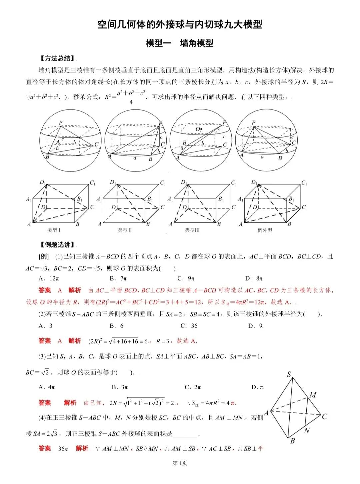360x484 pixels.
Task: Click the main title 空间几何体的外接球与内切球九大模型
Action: [180, 24]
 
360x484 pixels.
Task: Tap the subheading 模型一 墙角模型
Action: [180, 43]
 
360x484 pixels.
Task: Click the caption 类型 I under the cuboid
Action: [54, 230]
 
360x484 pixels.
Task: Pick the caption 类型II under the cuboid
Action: [125, 230]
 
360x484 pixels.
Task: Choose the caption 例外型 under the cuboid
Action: [265, 230]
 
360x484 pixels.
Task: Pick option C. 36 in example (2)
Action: [189, 326]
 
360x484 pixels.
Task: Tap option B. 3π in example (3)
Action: [120, 387]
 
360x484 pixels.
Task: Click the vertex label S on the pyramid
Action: [289, 374]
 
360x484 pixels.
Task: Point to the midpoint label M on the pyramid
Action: [313, 395]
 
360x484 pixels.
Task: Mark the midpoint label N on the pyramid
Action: [307, 431]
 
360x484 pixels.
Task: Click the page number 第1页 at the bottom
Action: [180, 463]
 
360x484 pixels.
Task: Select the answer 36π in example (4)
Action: [63, 449]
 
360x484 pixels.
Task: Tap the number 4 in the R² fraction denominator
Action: [131, 102]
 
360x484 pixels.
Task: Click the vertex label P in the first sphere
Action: [61, 123]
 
